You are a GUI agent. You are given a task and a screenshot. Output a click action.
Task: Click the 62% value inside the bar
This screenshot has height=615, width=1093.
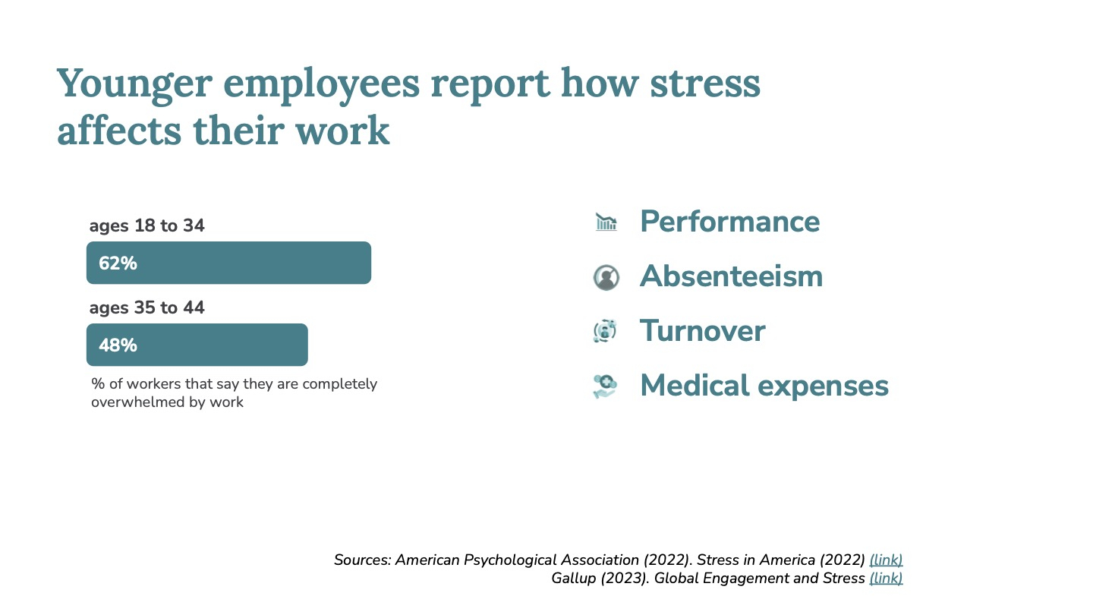pyautogui.click(x=118, y=263)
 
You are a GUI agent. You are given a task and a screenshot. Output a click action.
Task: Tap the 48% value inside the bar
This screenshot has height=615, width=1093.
pyautogui.click(x=118, y=345)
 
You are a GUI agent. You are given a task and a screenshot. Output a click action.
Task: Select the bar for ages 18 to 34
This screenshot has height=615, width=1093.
pyautogui.click(x=229, y=263)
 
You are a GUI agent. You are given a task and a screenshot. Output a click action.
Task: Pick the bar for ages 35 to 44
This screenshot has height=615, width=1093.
pyautogui.click(x=197, y=345)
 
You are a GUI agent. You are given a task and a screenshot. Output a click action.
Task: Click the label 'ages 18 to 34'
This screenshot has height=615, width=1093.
pyautogui.click(x=147, y=226)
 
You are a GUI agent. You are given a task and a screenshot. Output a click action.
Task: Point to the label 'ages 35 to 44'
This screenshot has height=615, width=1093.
pyautogui.click(x=147, y=308)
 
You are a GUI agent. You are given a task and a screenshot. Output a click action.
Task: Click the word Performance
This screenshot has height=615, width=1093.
pyautogui.click(x=730, y=222)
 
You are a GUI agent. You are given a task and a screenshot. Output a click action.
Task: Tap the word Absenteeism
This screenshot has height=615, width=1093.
pyautogui.click(x=732, y=276)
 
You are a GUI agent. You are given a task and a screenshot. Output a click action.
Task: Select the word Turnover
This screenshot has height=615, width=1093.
pyautogui.click(x=703, y=331)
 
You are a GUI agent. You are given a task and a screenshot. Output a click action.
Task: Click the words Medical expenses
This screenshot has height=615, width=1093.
pyautogui.click(x=764, y=386)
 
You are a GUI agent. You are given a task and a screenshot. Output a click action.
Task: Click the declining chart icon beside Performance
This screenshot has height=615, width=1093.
pyautogui.click(x=606, y=222)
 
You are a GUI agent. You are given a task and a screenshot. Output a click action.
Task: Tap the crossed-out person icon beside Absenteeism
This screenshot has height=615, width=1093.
pyautogui.click(x=606, y=277)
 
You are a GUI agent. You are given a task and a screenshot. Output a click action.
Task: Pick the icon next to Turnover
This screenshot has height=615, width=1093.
pyautogui.click(x=605, y=331)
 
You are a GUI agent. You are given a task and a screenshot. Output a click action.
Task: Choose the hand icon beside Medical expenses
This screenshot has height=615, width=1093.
pyautogui.click(x=605, y=386)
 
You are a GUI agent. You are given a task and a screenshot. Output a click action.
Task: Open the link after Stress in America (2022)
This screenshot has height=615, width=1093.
pyautogui.click(x=886, y=560)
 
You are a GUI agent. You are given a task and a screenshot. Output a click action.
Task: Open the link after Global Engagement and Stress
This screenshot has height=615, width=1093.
pyautogui.click(x=886, y=579)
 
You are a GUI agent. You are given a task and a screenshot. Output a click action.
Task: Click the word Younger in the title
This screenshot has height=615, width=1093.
pyautogui.click(x=134, y=84)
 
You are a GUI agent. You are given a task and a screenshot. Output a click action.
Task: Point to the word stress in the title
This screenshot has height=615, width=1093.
pyautogui.click(x=705, y=84)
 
